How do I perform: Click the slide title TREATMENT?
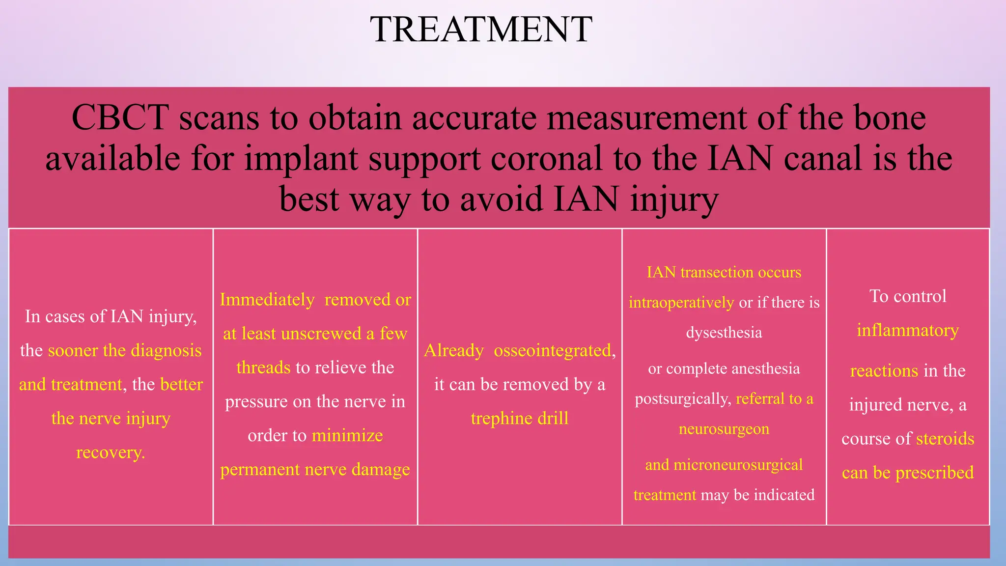coord(481,29)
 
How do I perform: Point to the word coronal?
coord(547,159)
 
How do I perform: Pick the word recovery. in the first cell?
coord(111,452)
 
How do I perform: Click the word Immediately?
coord(267,300)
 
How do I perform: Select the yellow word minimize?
coord(347,436)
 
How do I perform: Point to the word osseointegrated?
coord(553,350)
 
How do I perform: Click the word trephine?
coord(501,418)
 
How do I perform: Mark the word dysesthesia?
coord(724,333)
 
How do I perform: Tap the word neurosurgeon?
coord(724,429)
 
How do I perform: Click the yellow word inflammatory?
coord(907,331)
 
